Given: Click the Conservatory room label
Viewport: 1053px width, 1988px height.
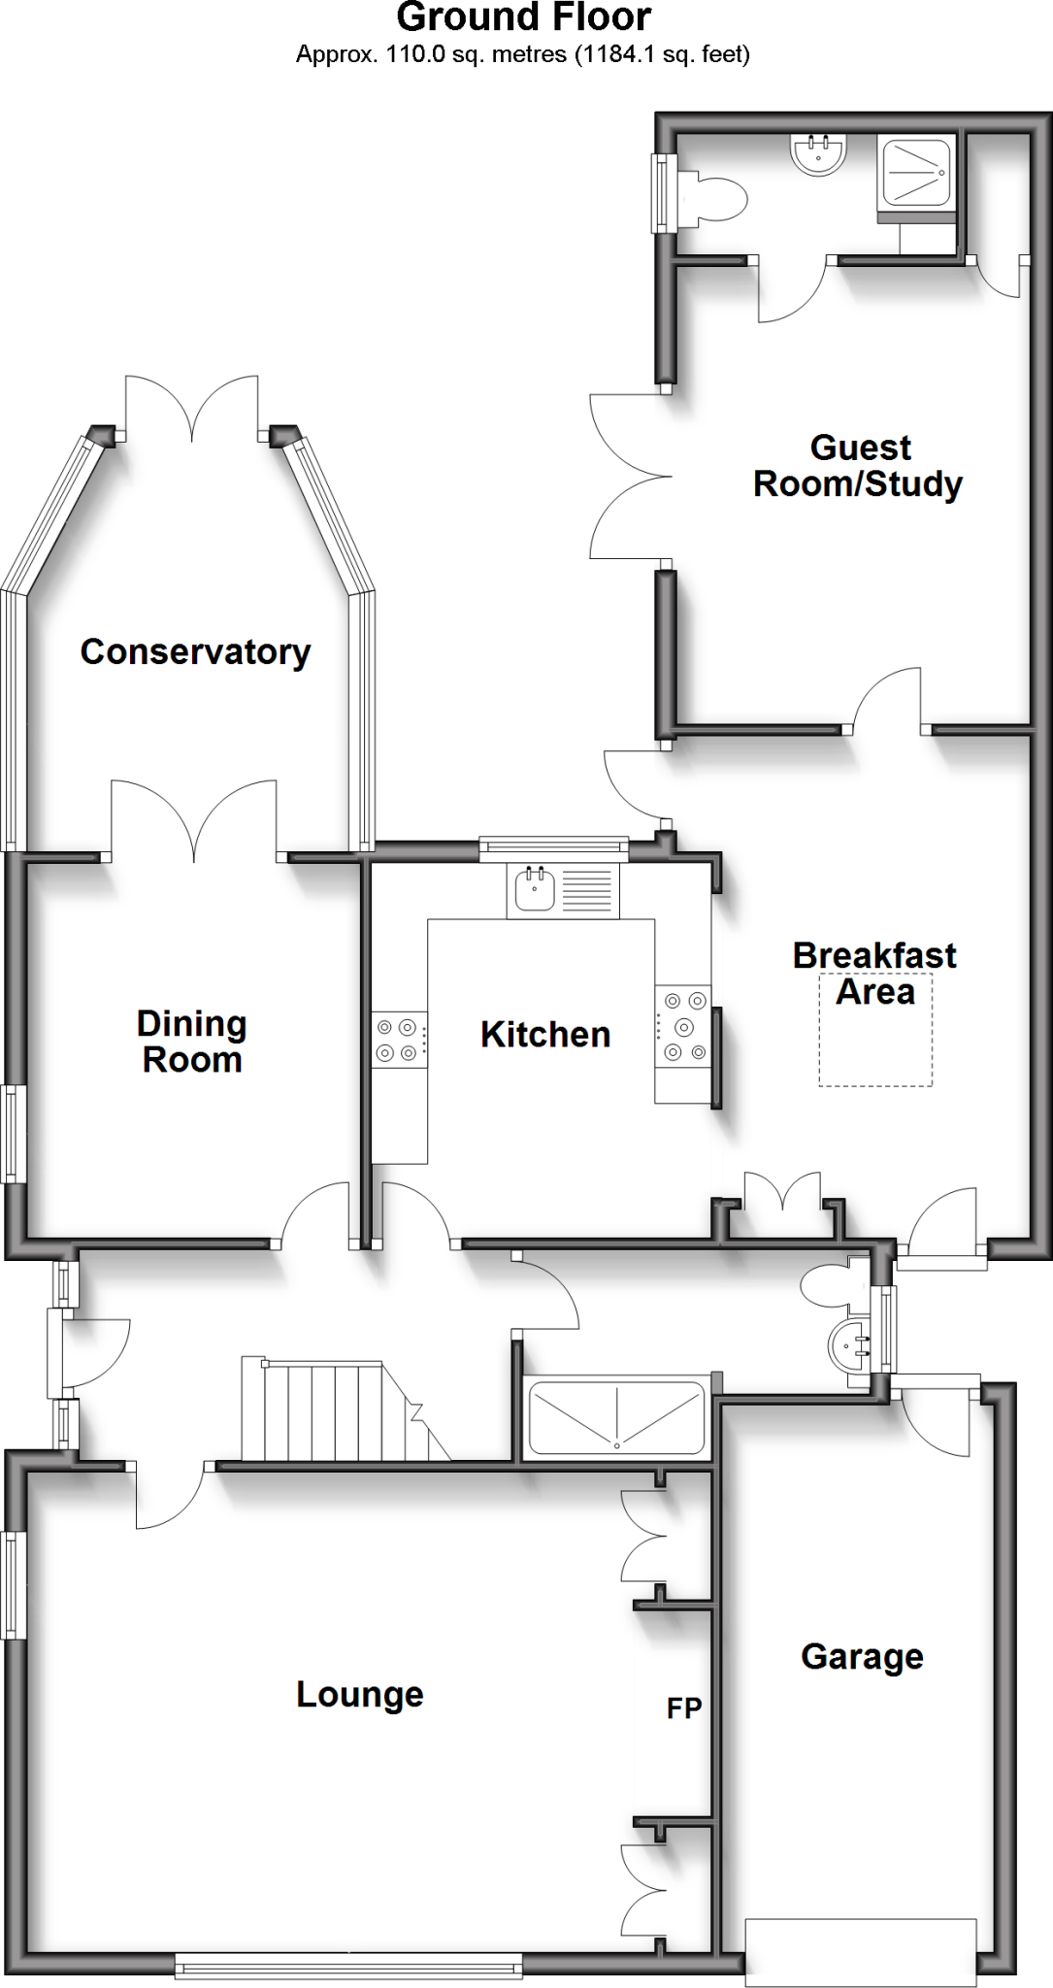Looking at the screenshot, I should point(195,652).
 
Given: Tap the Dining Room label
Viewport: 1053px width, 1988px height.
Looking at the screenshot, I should point(191,1042).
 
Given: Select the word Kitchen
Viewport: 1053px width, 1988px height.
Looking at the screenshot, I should point(545,1035).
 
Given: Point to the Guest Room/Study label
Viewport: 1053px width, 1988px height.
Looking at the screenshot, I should point(859,466).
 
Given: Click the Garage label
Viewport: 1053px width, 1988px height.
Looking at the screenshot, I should point(862,1656).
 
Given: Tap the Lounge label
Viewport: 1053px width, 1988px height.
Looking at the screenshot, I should point(360,1695).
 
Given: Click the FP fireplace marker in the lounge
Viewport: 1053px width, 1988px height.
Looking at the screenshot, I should point(683,1708).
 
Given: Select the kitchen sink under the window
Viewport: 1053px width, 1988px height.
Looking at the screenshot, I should point(535,889).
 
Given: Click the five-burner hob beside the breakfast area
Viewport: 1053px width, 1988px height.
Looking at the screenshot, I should point(683,1025).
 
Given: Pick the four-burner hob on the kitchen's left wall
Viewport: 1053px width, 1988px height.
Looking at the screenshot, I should point(398,1039).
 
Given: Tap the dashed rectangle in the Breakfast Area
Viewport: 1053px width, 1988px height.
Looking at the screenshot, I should point(875,1029).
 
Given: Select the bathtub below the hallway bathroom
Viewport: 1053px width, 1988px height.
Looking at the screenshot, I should point(616,1418).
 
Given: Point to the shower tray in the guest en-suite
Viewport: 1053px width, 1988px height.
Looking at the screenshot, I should point(915,173).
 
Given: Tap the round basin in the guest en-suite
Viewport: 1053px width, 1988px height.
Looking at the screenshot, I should point(819,153).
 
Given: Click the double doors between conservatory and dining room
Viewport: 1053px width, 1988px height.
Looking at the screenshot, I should point(195,821).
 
